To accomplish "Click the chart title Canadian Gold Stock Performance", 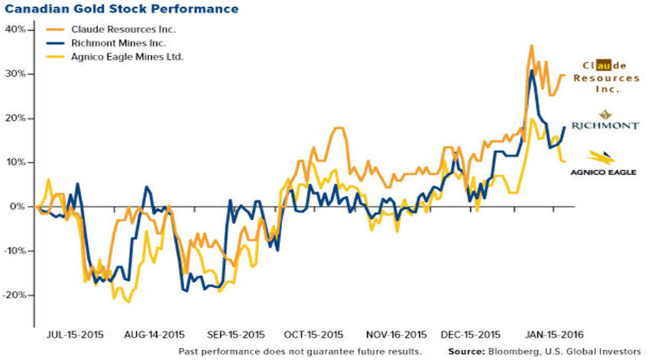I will (x=121, y=10).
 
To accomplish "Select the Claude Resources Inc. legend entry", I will (x=122, y=30).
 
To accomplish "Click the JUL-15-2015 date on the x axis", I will (x=75, y=335).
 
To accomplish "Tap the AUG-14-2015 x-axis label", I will (x=155, y=335).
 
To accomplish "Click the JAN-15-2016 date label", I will (x=554, y=335).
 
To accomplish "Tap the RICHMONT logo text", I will (x=605, y=125).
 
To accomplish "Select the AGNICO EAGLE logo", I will (x=603, y=172).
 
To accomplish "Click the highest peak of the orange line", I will (x=531, y=45).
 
